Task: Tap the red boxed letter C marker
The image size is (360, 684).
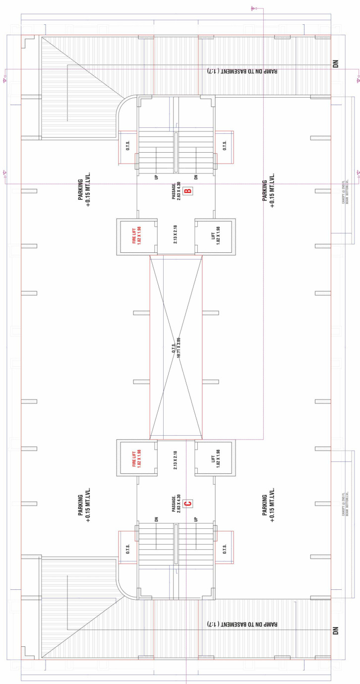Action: [187, 504]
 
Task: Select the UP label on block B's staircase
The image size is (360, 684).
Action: [156, 177]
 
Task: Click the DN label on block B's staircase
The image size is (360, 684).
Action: [196, 177]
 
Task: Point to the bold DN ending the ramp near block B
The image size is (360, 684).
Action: [336, 65]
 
